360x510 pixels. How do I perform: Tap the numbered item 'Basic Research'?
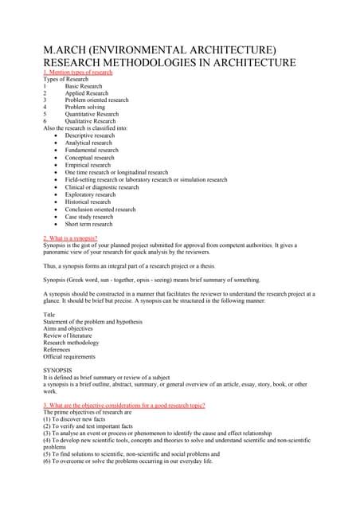click(x=84, y=86)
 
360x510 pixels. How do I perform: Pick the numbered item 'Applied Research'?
click(x=86, y=93)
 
